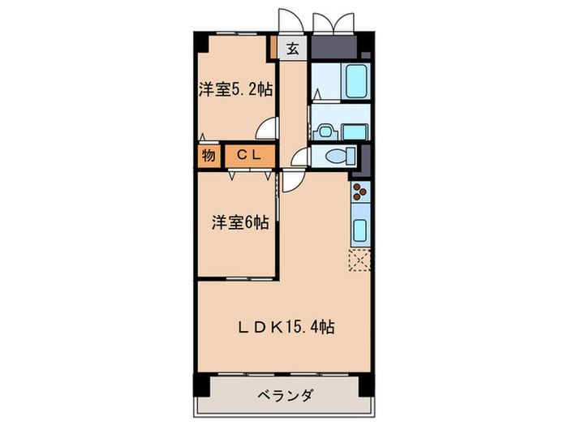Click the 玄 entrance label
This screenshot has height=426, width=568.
pyautogui.click(x=292, y=49)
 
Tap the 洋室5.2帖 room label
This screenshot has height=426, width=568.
pyautogui.click(x=235, y=89)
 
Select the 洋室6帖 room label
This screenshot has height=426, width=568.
pyautogui.click(x=241, y=222)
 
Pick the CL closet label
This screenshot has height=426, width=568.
pyautogui.click(x=249, y=156)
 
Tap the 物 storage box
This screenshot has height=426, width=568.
pyautogui.click(x=209, y=156)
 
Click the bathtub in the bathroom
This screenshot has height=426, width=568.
pyautogui.click(x=355, y=80)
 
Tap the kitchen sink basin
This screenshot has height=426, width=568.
pyautogui.click(x=359, y=229)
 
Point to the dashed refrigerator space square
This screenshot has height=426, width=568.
pyautogui.click(x=359, y=259)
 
